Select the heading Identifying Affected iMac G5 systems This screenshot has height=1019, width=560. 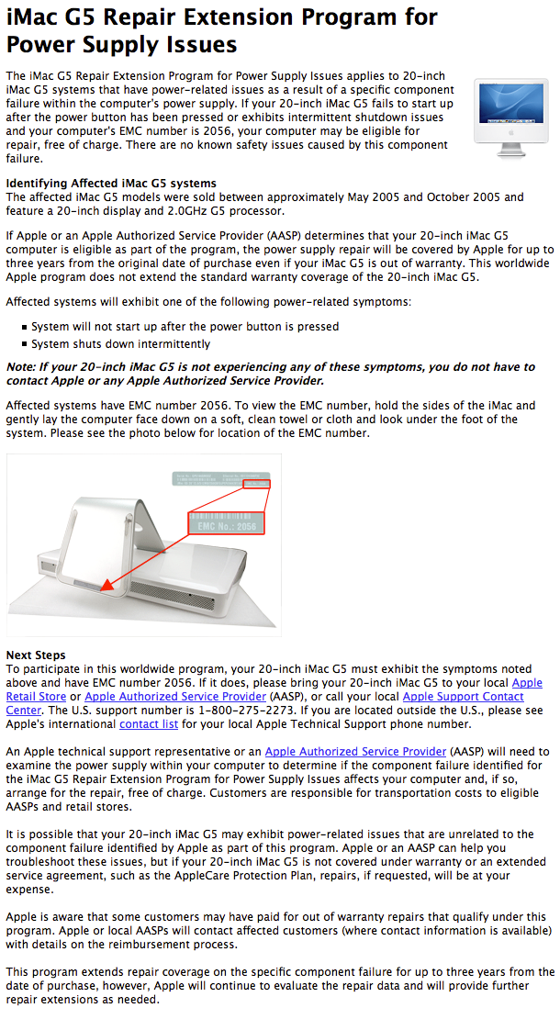point(111,184)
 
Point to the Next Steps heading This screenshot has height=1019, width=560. point(36,655)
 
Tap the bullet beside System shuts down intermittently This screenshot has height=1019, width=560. point(24,345)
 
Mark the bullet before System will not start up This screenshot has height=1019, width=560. point(24,327)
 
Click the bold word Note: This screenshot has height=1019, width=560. point(22,367)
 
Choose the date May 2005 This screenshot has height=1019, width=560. point(393,197)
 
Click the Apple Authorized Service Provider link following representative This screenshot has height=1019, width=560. point(355,752)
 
